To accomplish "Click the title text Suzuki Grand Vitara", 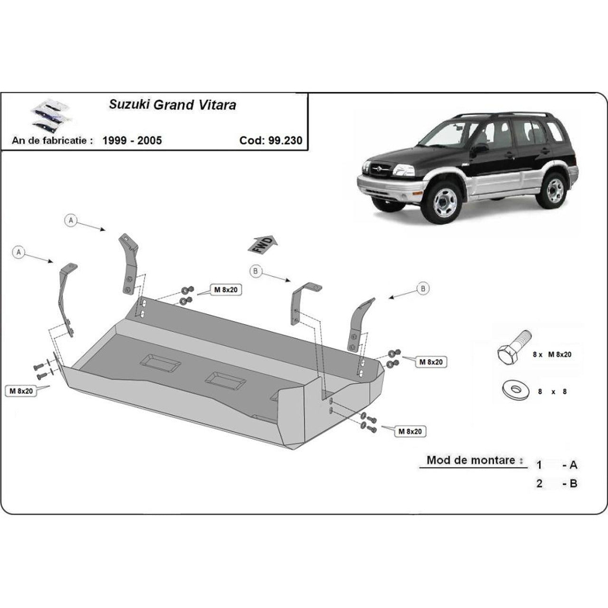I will pyautogui.click(x=172, y=104).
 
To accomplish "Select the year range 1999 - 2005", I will pyautogui.click(x=132, y=140).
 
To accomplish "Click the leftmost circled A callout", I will pyautogui.click(x=19, y=252).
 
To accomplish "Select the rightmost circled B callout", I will pyautogui.click(x=423, y=288).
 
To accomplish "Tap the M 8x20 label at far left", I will pyautogui.click(x=22, y=391).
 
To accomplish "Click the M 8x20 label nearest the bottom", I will pyautogui.click(x=410, y=431).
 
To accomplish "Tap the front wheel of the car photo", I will pyautogui.click(x=441, y=201).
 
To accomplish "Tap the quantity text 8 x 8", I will pyautogui.click(x=551, y=392).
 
